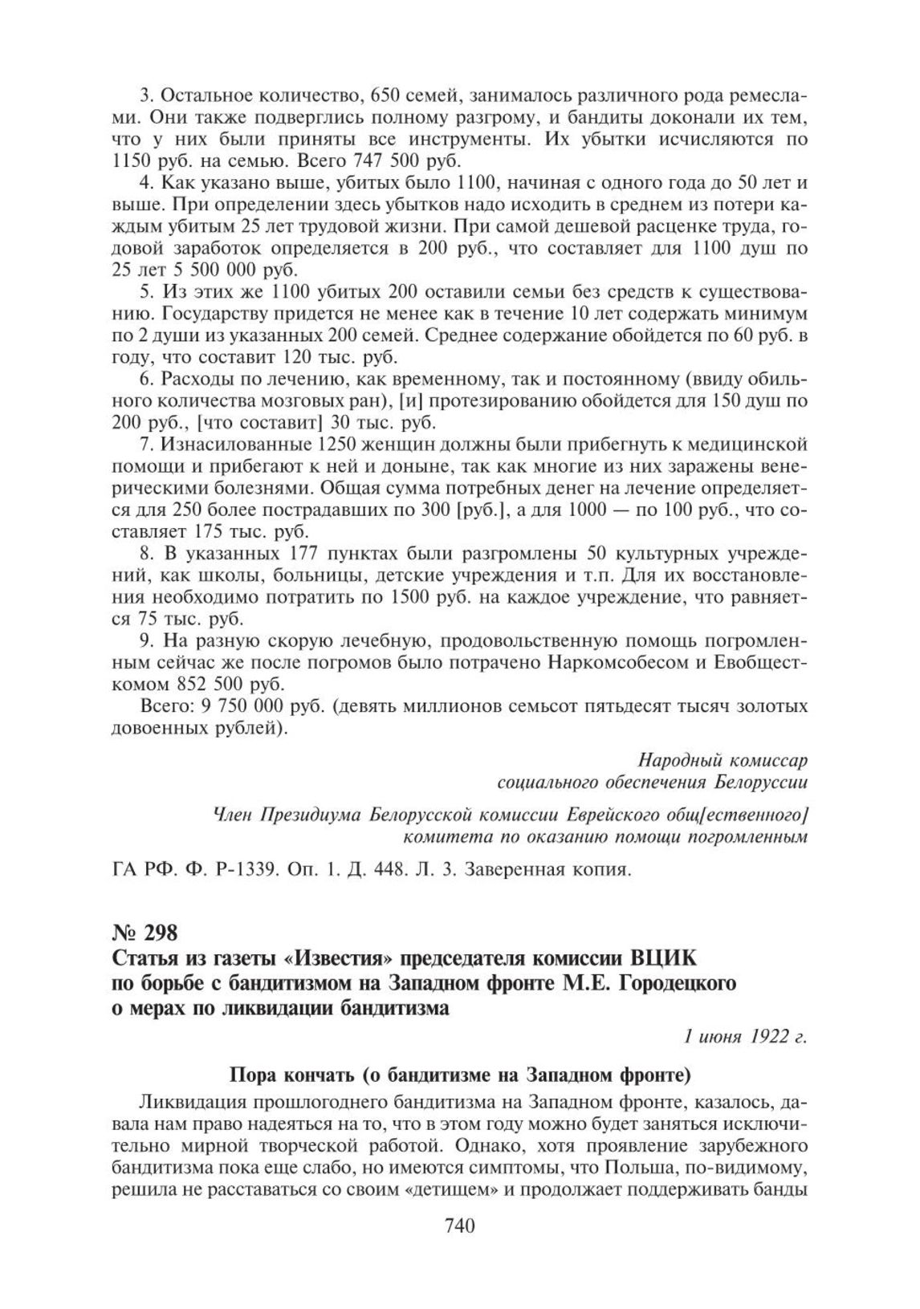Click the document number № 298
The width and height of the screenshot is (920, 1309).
tap(142, 933)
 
